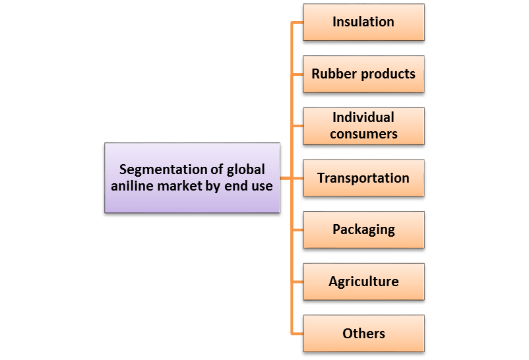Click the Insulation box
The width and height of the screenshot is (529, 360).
[x=363, y=22]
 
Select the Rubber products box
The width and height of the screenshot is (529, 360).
[x=363, y=74]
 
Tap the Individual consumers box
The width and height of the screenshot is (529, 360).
[x=363, y=125]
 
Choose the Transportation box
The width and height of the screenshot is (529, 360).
[x=363, y=178]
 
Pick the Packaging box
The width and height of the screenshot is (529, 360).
[x=363, y=229]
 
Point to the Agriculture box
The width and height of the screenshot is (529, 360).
[x=363, y=282]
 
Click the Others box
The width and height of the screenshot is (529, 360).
[x=363, y=333]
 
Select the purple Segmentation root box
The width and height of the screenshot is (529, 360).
[x=192, y=178]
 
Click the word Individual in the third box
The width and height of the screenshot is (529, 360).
[x=363, y=117]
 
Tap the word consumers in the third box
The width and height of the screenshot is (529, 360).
[x=363, y=134]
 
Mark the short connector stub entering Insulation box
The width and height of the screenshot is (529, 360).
[x=297, y=22]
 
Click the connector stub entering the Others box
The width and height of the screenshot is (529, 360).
[x=297, y=334]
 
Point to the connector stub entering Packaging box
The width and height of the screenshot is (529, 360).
[x=297, y=230]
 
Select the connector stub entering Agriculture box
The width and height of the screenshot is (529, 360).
[x=297, y=282]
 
